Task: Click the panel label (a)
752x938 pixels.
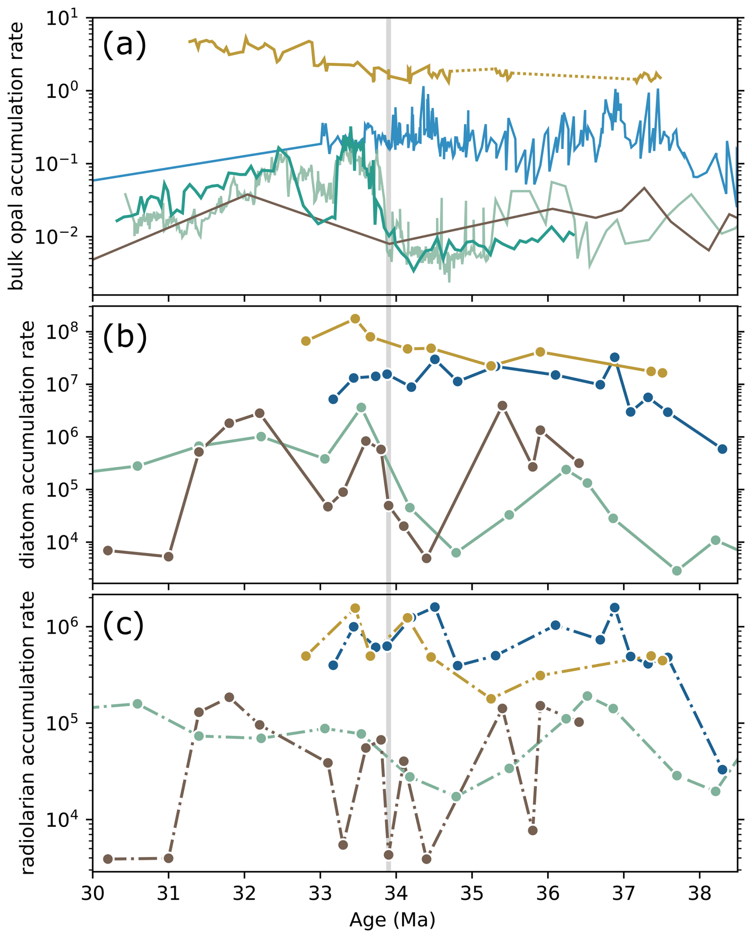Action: pyautogui.click(x=124, y=45)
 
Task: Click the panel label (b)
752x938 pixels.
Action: pyautogui.click(x=124, y=336)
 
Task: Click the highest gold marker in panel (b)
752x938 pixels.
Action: pyautogui.click(x=355, y=319)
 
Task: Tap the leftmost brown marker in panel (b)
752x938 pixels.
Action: pyautogui.click(x=108, y=550)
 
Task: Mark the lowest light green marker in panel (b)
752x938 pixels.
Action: pyautogui.click(x=677, y=570)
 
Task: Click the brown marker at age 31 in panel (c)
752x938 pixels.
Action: pyautogui.click(x=169, y=858)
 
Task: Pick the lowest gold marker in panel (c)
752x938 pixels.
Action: pyautogui.click(x=491, y=699)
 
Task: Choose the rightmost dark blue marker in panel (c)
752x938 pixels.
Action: pyautogui.click(x=723, y=769)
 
